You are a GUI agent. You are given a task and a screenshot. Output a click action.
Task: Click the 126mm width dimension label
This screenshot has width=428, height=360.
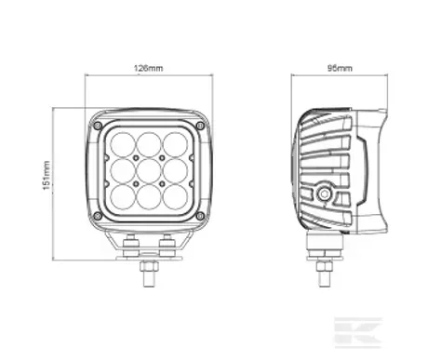pos(148,68)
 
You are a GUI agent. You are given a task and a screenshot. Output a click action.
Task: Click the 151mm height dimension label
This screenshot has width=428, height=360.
pos(46,175)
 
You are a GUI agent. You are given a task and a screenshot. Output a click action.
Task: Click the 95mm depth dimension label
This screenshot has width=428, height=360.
pos(340,68)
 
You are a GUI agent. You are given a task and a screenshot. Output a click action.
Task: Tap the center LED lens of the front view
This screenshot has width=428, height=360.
pos(149,171)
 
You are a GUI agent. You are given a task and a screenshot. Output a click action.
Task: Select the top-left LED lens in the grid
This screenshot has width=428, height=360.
pos(123,145)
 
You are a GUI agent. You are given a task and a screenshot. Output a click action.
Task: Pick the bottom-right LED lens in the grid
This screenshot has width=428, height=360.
pos(175,197)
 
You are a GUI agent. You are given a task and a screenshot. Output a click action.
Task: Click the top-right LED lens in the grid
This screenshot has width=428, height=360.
pos(175,145)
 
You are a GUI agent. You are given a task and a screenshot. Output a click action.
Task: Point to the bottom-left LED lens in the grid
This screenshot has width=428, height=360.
pos(123,197)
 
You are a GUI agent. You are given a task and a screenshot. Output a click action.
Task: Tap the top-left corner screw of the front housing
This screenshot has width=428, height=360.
pos(98,126)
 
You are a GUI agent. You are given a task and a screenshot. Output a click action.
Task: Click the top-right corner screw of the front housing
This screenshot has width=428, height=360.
pos(200,126)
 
